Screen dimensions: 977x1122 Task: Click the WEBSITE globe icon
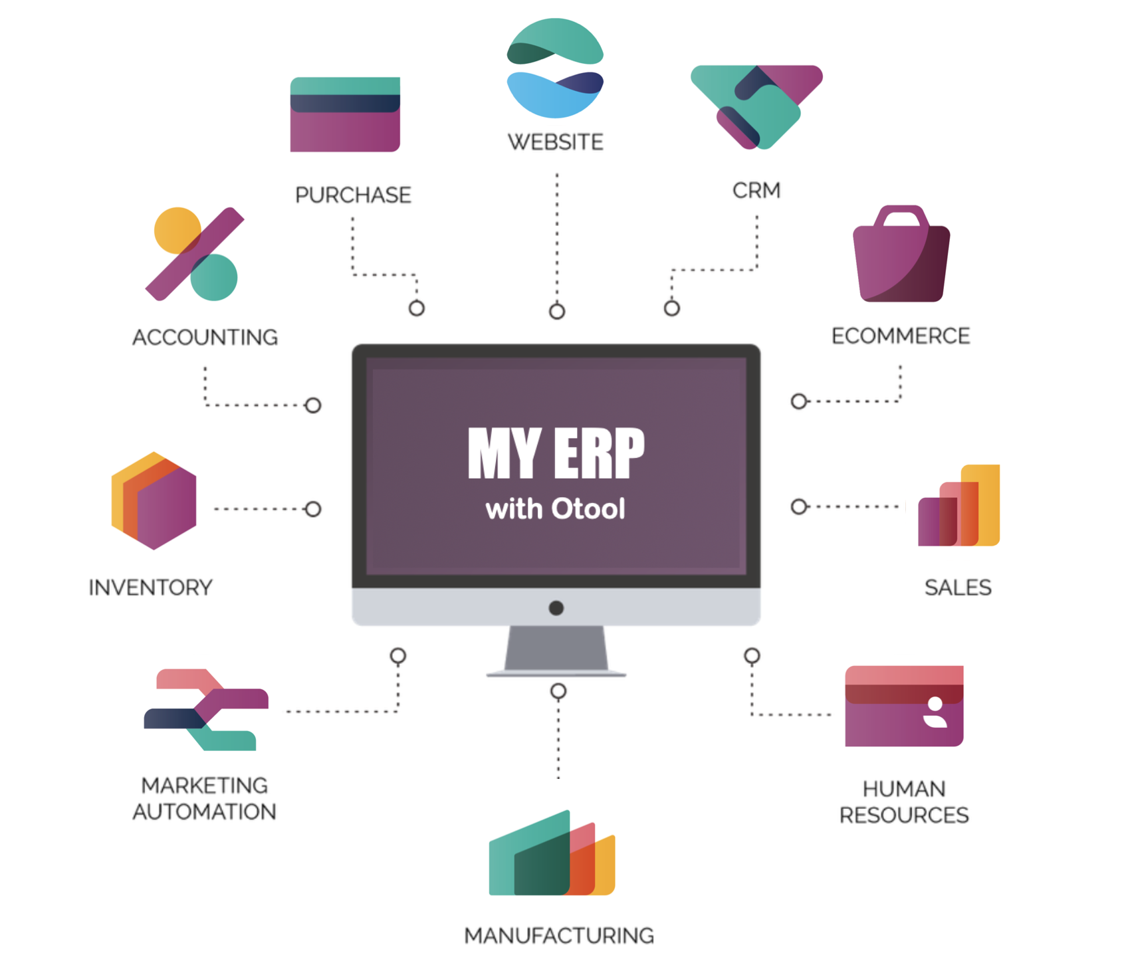pyautogui.click(x=555, y=68)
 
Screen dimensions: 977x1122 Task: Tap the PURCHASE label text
pyautogui.click(x=353, y=195)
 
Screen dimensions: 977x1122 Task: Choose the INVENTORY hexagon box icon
pyautogui.click(x=154, y=500)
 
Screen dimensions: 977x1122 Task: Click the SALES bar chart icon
pyautogui.click(x=959, y=506)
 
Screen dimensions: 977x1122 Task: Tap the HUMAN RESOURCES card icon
pyautogui.click(x=904, y=706)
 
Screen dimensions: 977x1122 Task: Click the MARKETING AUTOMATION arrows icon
pyautogui.click(x=206, y=710)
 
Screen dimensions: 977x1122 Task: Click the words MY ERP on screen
pyautogui.click(x=556, y=453)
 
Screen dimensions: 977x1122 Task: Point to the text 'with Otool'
pyautogui.click(x=555, y=509)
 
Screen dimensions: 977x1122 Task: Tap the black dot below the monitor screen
pyautogui.click(x=556, y=607)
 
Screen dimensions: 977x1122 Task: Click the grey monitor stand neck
pyautogui.click(x=556, y=648)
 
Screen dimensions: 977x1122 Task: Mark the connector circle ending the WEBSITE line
pyautogui.click(x=557, y=311)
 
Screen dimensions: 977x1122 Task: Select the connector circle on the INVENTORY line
pyautogui.click(x=312, y=509)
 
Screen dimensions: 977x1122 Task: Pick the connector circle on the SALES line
pyautogui.click(x=799, y=506)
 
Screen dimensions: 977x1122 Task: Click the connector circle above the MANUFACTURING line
pyautogui.click(x=558, y=692)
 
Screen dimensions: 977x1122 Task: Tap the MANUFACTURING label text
pyautogui.click(x=558, y=935)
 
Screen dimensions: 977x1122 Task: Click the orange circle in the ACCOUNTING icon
pyautogui.click(x=177, y=230)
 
